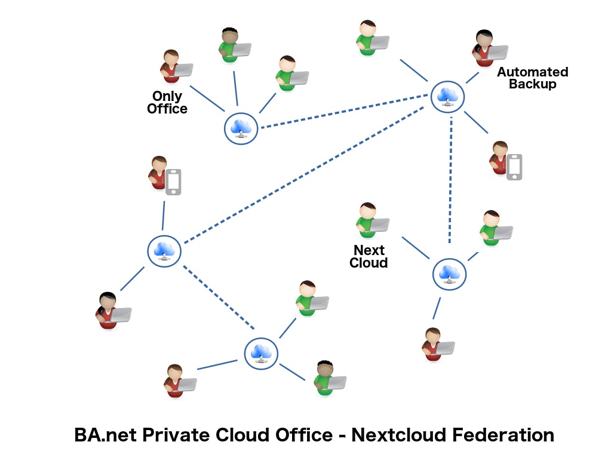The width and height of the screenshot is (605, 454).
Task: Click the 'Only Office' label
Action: click(167, 103)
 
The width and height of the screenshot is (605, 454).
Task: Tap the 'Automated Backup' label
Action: click(532, 78)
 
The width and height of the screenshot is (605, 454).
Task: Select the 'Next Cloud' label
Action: click(368, 256)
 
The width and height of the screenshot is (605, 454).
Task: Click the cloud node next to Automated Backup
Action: click(448, 96)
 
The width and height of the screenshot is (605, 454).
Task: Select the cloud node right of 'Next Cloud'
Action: click(449, 274)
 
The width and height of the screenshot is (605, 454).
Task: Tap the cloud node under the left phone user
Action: click(164, 251)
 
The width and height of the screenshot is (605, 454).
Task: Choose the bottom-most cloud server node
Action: click(261, 353)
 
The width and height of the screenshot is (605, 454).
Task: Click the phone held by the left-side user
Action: click(173, 182)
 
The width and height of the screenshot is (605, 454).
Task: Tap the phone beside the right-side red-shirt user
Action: click(514, 167)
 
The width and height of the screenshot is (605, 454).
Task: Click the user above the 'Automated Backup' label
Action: click(485, 48)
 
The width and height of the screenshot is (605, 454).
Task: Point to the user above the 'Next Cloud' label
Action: click(368, 220)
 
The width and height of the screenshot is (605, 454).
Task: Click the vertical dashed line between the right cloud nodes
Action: click(450, 179)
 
